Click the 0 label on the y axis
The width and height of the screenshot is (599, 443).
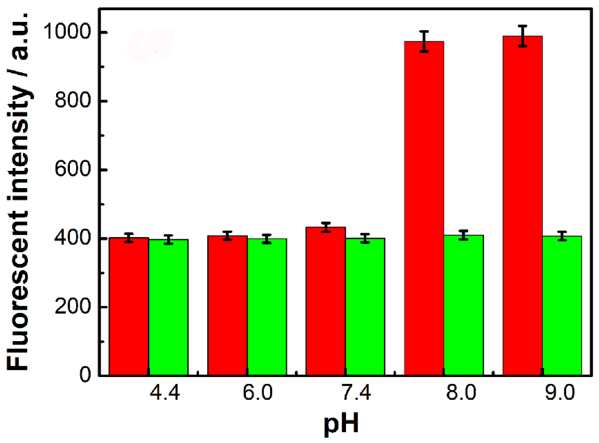[85, 375]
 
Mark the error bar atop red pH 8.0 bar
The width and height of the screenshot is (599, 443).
[424, 41]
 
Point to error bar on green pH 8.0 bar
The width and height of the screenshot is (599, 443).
[463, 235]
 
